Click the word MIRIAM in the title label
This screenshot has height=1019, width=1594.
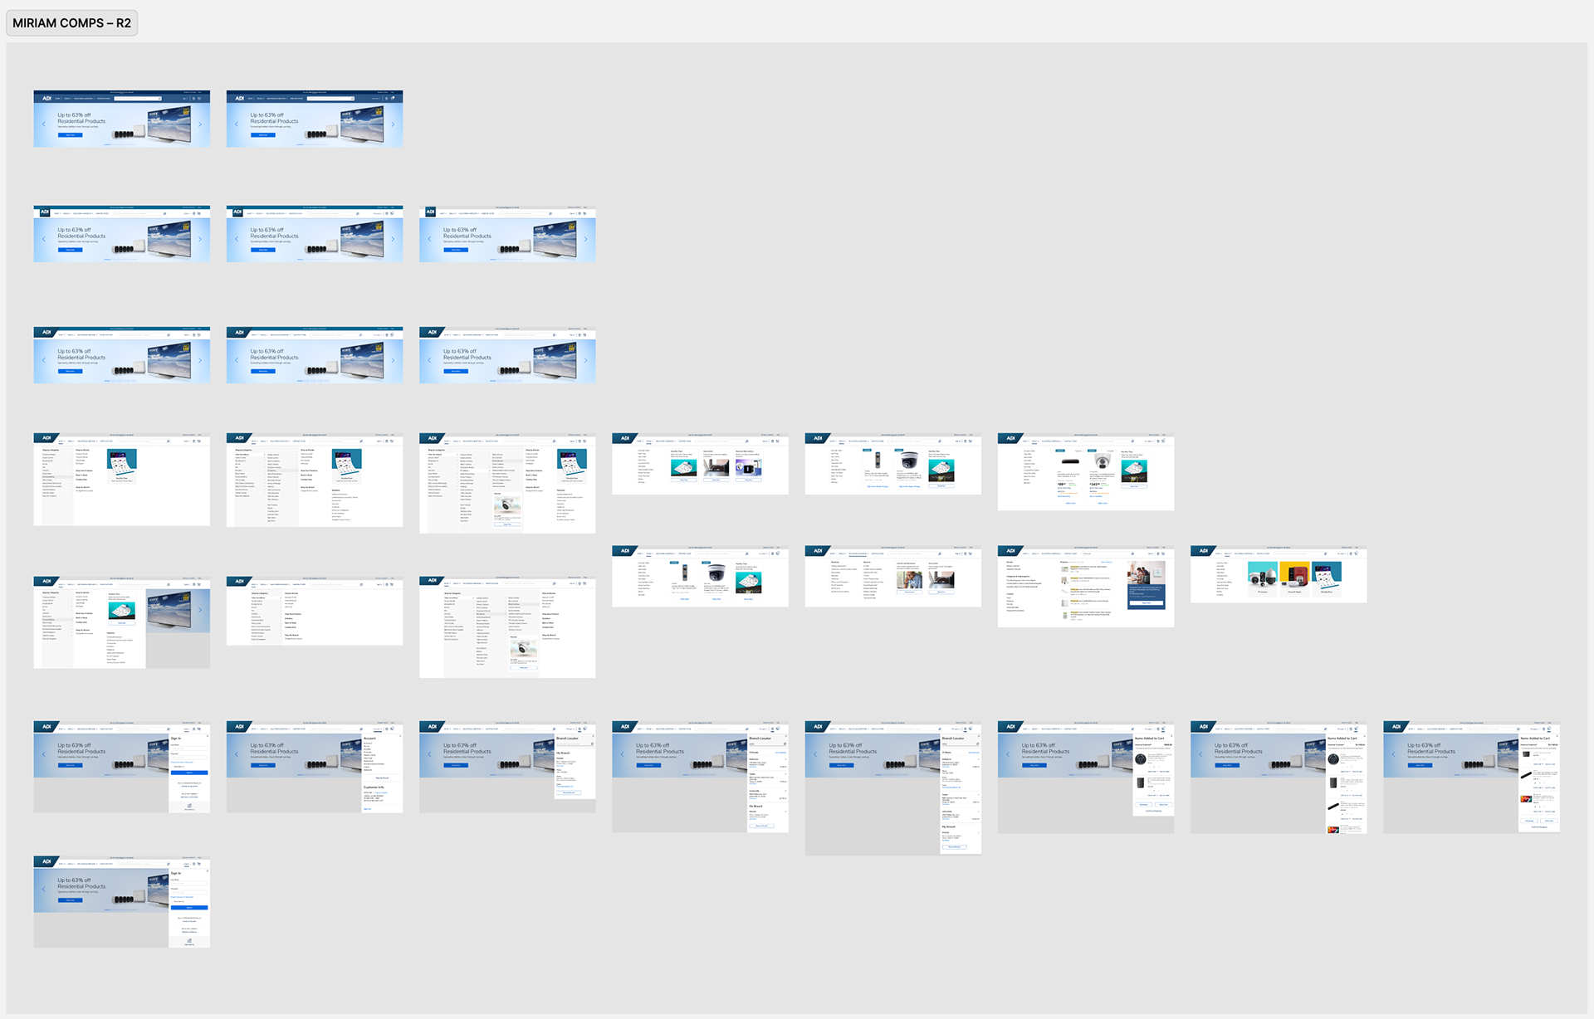(34, 23)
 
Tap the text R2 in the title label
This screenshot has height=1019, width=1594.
(123, 23)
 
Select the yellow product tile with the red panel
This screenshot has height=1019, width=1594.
(1294, 575)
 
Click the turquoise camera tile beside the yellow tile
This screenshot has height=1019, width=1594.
(1262, 575)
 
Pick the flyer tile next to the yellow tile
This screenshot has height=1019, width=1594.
(1326, 575)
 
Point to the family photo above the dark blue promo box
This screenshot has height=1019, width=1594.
(1146, 572)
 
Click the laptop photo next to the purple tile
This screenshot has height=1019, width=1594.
(716, 468)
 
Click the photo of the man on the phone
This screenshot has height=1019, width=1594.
(909, 578)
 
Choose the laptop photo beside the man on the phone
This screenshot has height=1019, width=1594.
(941, 579)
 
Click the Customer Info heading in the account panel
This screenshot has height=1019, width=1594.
(374, 787)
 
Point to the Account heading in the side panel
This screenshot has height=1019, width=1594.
(369, 738)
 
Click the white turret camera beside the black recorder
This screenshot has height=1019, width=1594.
(1102, 462)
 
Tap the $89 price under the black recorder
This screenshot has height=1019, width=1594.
(1062, 484)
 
